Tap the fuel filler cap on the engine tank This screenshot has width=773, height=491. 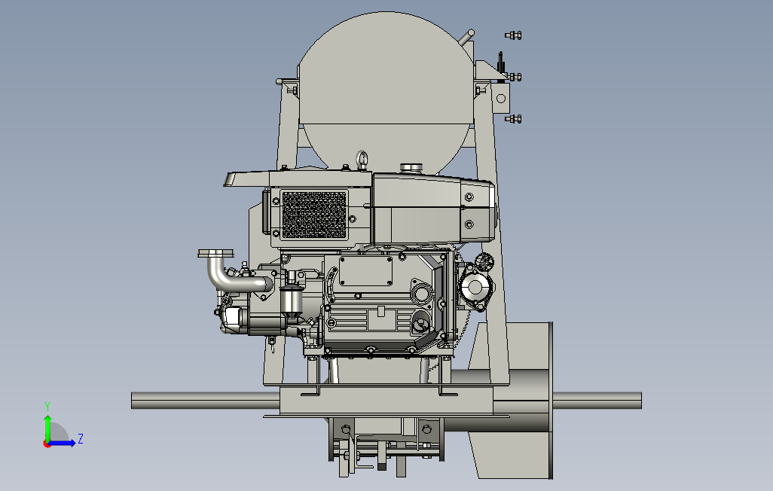pyautogui.click(x=412, y=168)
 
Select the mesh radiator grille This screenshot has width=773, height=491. pyautogui.click(x=314, y=215)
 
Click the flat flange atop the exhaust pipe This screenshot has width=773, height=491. pyautogui.click(x=216, y=253)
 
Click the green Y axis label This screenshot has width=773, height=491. pyautogui.click(x=47, y=407)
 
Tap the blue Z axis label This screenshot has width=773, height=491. pyautogui.click(x=81, y=439)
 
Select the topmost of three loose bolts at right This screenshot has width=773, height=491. pyautogui.click(x=513, y=35)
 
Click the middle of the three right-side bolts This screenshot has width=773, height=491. pyautogui.click(x=513, y=77)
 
